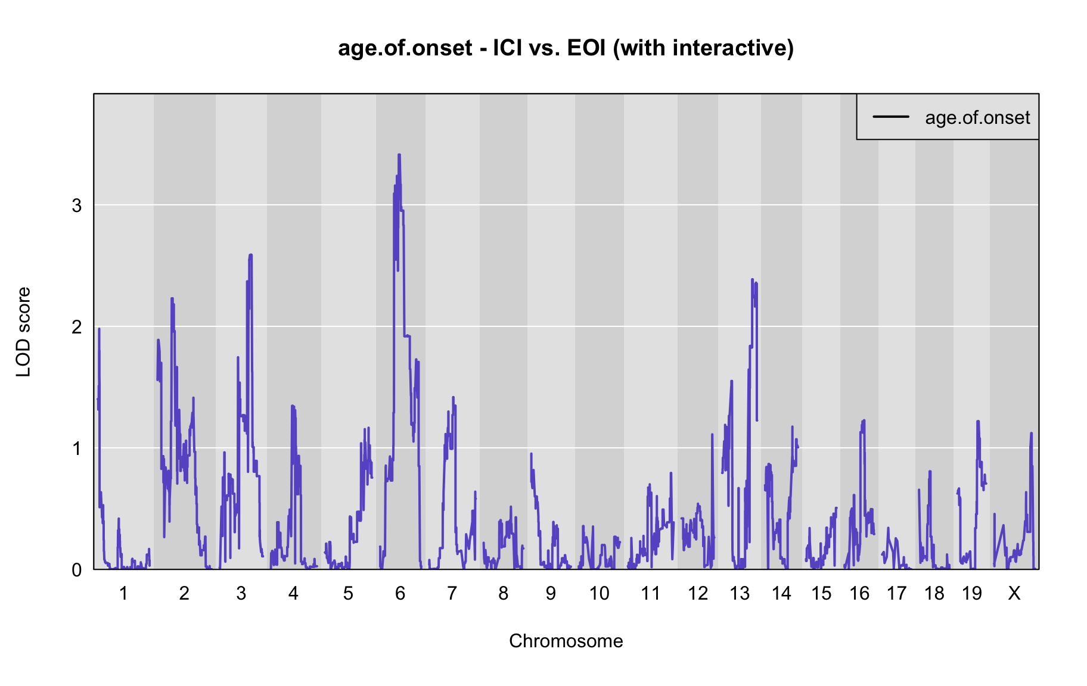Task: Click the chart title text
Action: pyautogui.click(x=566, y=48)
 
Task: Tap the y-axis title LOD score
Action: pyautogui.click(x=23, y=332)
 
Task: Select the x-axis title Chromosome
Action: pyautogui.click(x=566, y=641)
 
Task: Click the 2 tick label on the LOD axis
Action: pyautogui.click(x=77, y=327)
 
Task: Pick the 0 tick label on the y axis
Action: pyautogui.click(x=77, y=570)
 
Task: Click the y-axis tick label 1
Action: pyautogui.click(x=77, y=448)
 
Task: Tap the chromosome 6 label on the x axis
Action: pyautogui.click(x=400, y=593)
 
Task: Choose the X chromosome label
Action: pyautogui.click(x=1014, y=593)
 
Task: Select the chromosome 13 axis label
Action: pyautogui.click(x=740, y=593)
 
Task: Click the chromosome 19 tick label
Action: pyautogui.click(x=971, y=593)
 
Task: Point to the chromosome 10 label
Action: pyautogui.click(x=599, y=593)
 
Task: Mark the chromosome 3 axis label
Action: pyautogui.click(x=241, y=593)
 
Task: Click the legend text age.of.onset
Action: pyautogui.click(x=977, y=117)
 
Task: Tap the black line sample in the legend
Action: pyautogui.click(x=891, y=117)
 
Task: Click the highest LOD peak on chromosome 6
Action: pyautogui.click(x=399, y=155)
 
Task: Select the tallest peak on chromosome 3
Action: pyautogui.click(x=250, y=255)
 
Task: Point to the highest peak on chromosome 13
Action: pyautogui.click(x=752, y=279)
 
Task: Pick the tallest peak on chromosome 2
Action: pyautogui.click(x=172, y=298)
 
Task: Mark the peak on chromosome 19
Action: pyautogui.click(x=978, y=422)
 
